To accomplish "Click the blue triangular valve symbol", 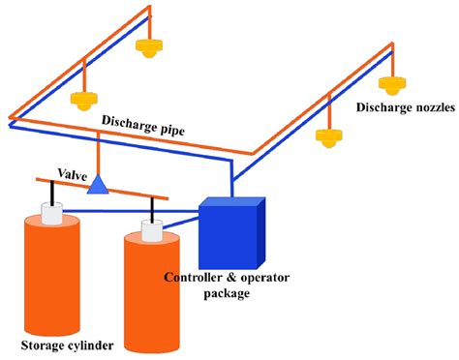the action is [x=98, y=185].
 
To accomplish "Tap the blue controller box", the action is [x=232, y=233].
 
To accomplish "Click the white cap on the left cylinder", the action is [x=51, y=213].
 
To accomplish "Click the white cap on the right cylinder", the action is [x=152, y=230].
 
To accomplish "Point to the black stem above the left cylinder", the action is [x=51, y=193].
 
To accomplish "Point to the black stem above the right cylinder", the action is [x=152, y=210].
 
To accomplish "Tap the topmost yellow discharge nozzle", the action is [x=148, y=47].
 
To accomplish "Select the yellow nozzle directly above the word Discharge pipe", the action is [x=84, y=101].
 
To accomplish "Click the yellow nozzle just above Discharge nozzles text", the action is [x=392, y=85].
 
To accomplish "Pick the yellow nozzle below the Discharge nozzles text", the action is [x=329, y=137].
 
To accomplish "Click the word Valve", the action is [x=73, y=174].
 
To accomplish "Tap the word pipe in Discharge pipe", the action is [x=172, y=129].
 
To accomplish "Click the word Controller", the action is [x=193, y=277].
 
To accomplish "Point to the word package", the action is [x=227, y=294].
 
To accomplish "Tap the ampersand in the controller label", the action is [x=231, y=278].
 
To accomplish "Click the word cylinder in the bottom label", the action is [x=91, y=345].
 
